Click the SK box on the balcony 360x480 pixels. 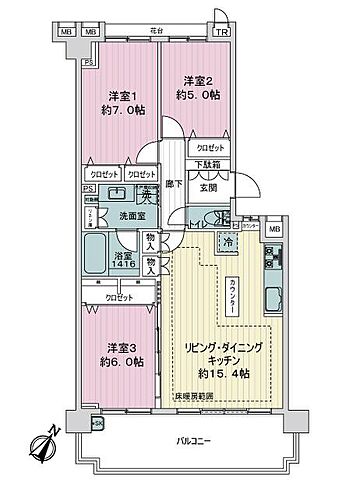coord(98,424)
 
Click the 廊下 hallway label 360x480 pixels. coord(172,185)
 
